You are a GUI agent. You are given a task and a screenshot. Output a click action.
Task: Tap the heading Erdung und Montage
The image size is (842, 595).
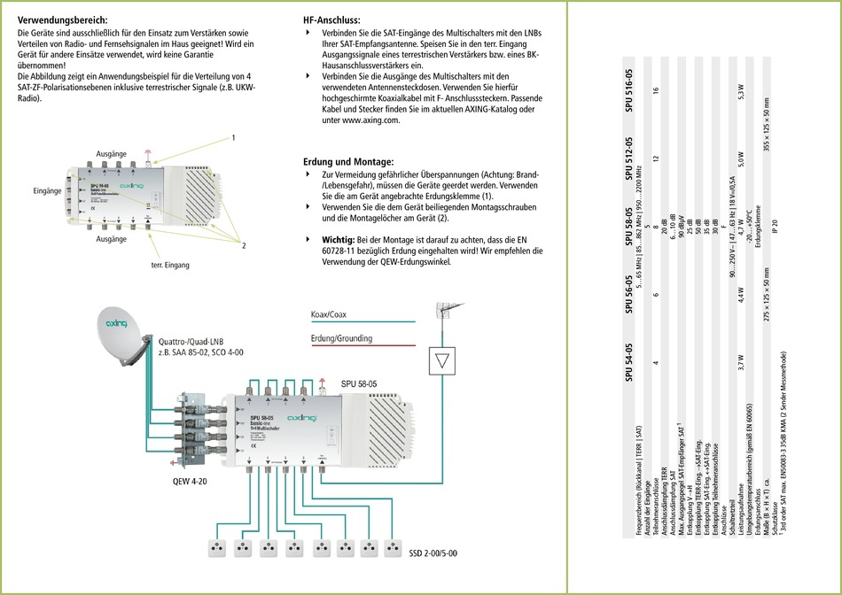pyautogui.click(x=348, y=162)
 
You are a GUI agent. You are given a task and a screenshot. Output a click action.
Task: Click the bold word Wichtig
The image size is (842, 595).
pyautogui.click(x=339, y=239)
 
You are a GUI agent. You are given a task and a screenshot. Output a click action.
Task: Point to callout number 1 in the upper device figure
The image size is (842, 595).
pyautogui.click(x=233, y=138)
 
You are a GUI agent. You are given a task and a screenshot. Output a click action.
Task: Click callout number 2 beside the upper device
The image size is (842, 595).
pyautogui.click(x=242, y=245)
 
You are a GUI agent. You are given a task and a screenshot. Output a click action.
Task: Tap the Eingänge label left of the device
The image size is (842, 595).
pyautogui.click(x=47, y=191)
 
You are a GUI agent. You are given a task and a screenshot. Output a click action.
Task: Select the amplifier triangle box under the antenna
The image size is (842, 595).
pyautogui.click(x=441, y=360)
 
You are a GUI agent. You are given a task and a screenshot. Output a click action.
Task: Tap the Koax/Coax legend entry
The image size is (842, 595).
pyautogui.click(x=329, y=315)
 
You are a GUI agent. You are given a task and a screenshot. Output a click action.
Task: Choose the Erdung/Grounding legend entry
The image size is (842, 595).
pyautogui.click(x=341, y=338)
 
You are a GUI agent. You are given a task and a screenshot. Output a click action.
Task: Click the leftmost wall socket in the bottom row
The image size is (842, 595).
pyautogui.click(x=215, y=547)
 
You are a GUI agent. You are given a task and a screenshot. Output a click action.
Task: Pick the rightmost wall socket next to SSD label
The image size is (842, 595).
pyautogui.click(x=372, y=547)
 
